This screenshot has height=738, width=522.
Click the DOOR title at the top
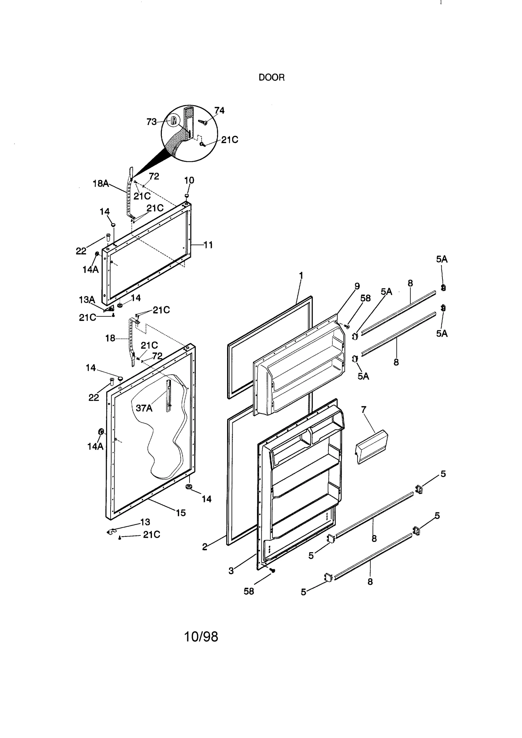click(x=271, y=78)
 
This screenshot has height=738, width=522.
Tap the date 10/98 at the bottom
click(x=201, y=636)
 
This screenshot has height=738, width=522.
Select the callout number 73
click(x=151, y=122)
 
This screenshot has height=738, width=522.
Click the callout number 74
click(x=219, y=111)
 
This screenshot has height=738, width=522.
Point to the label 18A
click(x=101, y=183)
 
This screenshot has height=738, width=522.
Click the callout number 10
click(x=189, y=180)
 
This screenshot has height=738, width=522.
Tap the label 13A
click(x=87, y=300)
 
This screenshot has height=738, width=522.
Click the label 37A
click(x=144, y=408)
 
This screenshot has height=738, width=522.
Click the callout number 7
click(x=363, y=409)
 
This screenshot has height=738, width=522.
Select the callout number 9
click(x=357, y=286)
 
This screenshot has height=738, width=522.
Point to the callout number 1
click(x=301, y=276)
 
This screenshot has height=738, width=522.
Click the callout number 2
click(x=205, y=547)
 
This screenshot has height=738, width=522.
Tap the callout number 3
click(x=231, y=571)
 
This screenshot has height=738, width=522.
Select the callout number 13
click(x=145, y=522)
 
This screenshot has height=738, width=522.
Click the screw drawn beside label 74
click(x=203, y=122)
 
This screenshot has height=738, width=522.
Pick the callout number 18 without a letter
click(x=110, y=338)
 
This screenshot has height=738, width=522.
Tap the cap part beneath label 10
click(x=187, y=195)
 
